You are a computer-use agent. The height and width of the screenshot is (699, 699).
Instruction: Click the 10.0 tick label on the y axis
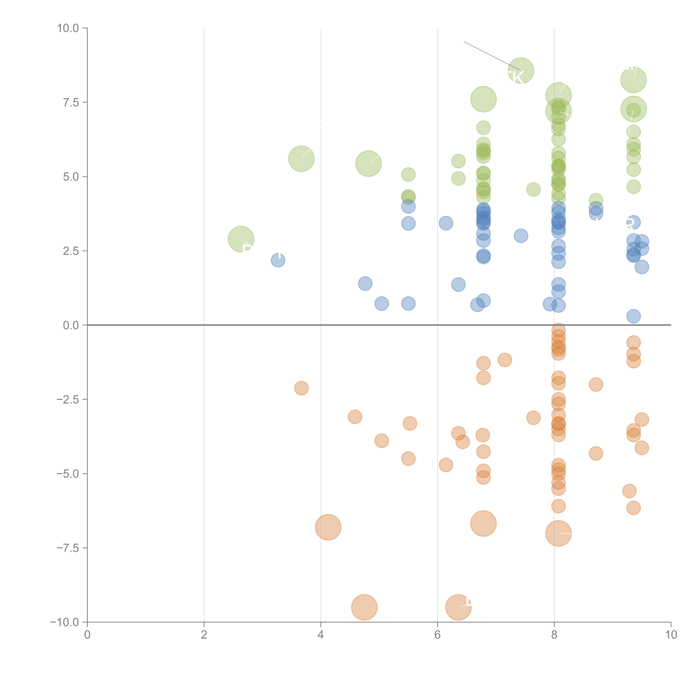click(x=68, y=28)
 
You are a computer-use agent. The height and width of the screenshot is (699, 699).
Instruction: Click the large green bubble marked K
click(x=521, y=71)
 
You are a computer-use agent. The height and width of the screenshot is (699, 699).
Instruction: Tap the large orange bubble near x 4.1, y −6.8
click(x=328, y=527)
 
